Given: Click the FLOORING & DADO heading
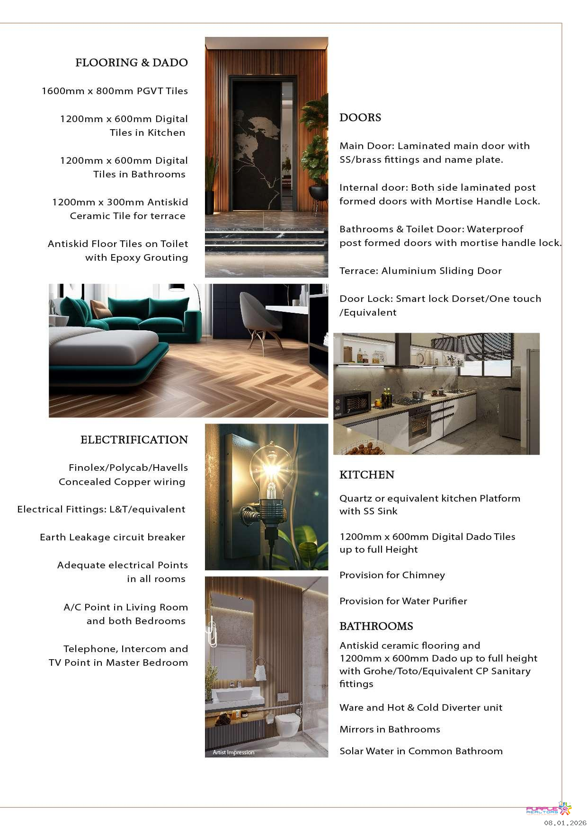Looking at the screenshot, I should click(131, 62).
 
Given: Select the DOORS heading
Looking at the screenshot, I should click(360, 117).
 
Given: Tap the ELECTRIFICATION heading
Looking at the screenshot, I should click(134, 440).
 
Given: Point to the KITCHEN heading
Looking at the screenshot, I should click(366, 475).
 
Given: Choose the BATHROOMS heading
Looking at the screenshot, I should click(376, 626).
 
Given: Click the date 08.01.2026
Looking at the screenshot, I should click(565, 823).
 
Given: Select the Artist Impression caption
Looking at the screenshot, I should click(233, 752).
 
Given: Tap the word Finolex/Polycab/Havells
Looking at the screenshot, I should click(128, 468).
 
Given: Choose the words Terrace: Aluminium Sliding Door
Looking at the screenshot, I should click(420, 271).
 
